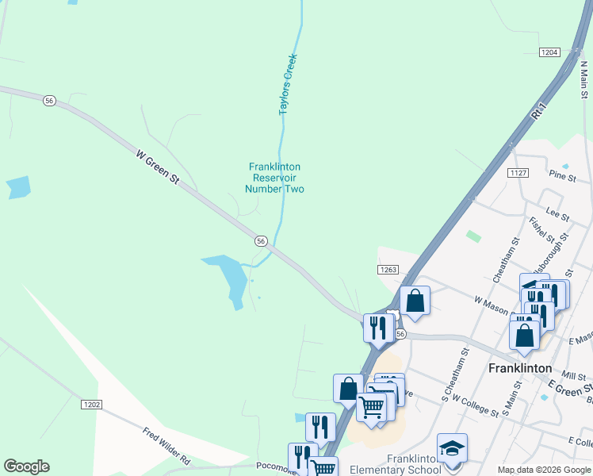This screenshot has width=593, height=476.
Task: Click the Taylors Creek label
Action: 289,85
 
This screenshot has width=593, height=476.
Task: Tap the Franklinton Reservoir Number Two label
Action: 274,178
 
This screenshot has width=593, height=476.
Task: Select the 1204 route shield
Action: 549,52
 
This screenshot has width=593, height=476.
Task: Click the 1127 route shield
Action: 519,173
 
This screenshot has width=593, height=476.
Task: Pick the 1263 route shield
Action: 387,270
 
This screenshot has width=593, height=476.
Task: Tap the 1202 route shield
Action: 91,405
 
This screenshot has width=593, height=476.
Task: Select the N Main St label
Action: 584,79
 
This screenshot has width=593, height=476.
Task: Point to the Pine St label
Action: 562,177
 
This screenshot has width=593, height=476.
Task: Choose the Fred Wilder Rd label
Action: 167,447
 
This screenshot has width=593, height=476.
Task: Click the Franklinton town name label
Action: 520,368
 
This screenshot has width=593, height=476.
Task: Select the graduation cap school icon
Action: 453,449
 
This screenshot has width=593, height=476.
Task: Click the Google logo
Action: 26,466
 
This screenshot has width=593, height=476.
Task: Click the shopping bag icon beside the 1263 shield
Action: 415,301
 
